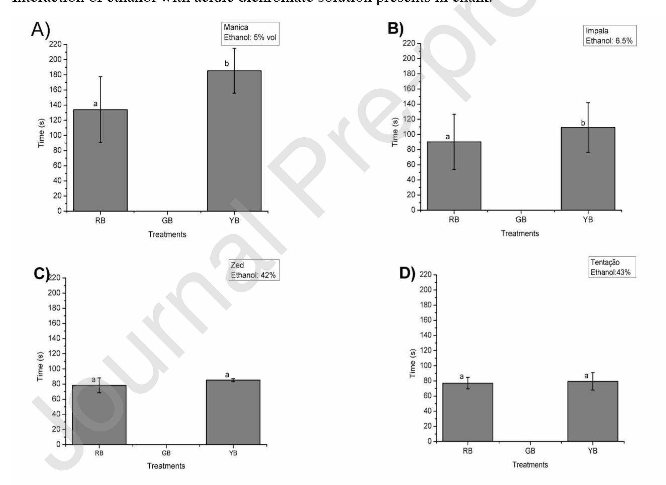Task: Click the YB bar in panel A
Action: tap(234, 141)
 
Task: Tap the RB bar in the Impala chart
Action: tap(454, 176)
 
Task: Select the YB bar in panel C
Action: tap(233, 412)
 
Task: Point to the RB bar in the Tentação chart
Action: tap(467, 412)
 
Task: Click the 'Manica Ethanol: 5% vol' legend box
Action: tap(250, 33)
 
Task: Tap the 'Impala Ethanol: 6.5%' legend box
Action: tap(609, 36)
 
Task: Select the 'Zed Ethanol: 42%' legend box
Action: tap(254, 270)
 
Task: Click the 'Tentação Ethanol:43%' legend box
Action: tap(612, 267)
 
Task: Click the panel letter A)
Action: tap(41, 29)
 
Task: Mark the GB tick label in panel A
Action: tap(167, 220)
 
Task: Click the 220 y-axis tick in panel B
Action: tap(409, 43)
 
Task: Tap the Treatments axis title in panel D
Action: tap(530, 465)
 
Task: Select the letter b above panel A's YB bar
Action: tap(227, 64)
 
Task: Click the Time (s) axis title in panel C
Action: tap(40, 366)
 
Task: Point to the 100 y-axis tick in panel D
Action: tap(426, 366)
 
